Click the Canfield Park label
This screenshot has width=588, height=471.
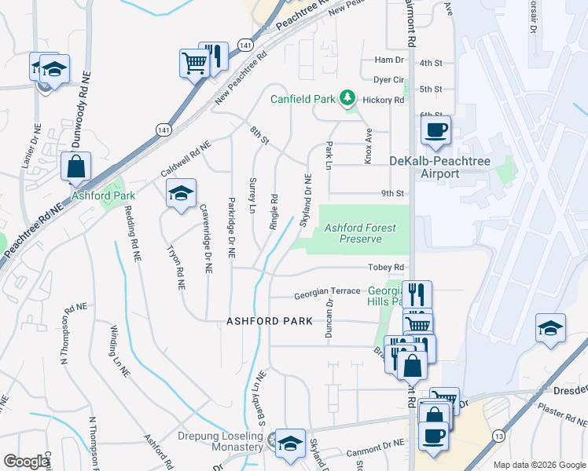point(303,99)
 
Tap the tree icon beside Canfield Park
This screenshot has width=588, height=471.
point(347,99)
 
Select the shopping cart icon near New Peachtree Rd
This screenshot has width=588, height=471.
point(193,63)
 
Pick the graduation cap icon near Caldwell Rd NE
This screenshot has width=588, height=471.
point(181,195)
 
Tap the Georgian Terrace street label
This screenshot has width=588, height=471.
point(326,296)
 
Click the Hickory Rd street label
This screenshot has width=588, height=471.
point(388,100)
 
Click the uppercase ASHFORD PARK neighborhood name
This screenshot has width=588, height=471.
point(270,321)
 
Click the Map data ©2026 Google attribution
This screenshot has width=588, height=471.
point(539,465)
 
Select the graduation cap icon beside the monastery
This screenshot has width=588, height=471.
point(290,443)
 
